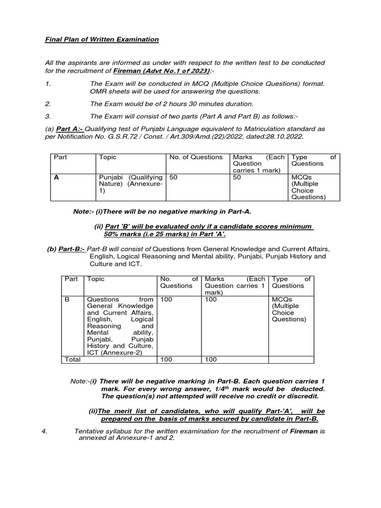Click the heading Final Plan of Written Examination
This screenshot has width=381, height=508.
(102, 39)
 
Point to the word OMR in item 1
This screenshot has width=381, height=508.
(98, 92)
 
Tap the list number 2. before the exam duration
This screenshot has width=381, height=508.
(48, 104)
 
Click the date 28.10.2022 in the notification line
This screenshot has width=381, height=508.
(285, 136)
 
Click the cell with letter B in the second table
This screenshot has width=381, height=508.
(67, 299)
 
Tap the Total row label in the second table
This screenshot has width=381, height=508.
(72, 359)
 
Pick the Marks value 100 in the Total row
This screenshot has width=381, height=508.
(211, 359)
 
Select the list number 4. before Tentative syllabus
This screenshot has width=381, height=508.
(45, 431)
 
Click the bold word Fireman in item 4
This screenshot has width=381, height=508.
(304, 431)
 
